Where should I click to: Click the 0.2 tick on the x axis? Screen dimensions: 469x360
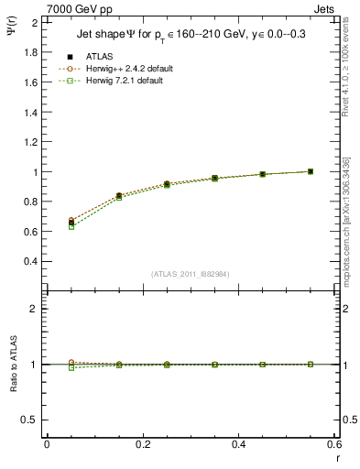click(143, 445)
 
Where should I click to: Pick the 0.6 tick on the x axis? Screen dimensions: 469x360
click(335, 445)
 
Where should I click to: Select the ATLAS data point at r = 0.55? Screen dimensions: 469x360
click(311, 171)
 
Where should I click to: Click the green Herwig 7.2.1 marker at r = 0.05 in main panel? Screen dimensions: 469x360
click(47, 226)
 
